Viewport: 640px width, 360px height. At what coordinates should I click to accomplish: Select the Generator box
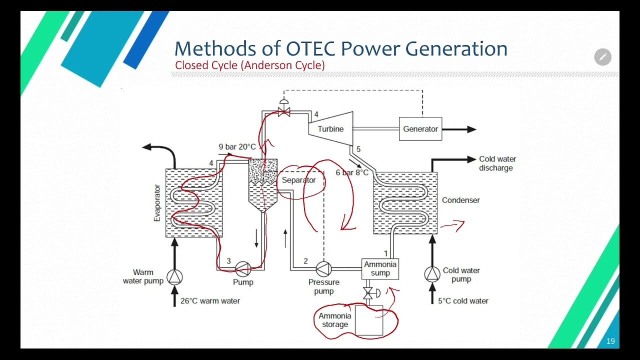[420, 129]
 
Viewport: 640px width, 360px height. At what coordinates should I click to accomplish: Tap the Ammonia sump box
[380, 268]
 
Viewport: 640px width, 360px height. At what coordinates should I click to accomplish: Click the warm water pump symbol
[174, 276]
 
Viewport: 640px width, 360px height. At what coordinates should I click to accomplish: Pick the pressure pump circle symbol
[324, 268]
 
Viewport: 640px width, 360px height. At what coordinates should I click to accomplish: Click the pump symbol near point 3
[243, 269]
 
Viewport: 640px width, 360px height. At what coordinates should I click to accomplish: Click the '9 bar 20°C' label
[237, 147]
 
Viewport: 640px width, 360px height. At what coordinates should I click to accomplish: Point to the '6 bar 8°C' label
[352, 172]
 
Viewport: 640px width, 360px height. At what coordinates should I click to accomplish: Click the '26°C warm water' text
[209, 301]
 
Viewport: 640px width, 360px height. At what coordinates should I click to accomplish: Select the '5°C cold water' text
[463, 301]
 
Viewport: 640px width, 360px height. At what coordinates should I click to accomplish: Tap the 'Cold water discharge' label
[497, 163]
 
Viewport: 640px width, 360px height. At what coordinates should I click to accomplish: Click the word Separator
[299, 180]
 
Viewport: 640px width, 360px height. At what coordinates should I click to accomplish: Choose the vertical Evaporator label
[157, 202]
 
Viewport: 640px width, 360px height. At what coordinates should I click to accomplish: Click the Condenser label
[460, 200]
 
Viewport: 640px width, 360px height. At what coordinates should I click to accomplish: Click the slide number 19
[610, 341]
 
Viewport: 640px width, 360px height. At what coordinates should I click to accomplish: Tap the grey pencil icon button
[602, 57]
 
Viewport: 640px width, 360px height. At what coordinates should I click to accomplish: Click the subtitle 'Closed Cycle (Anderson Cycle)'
[249, 65]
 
